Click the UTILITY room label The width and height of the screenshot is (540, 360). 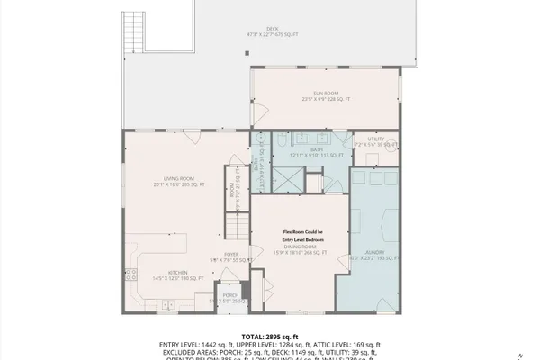(376, 139)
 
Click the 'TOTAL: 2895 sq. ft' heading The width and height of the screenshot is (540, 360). (270, 334)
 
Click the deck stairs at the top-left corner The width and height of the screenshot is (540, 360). (131, 27)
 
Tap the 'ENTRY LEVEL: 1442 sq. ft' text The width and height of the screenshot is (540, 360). (198, 344)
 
